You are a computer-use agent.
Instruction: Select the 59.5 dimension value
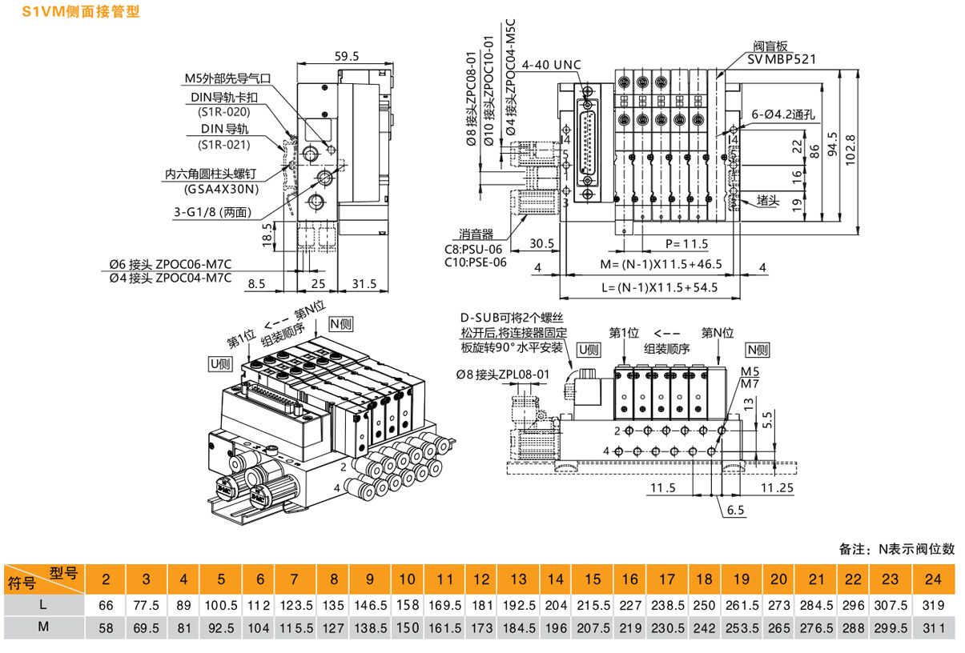pos(347,56)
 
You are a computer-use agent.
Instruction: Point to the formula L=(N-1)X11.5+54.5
pos(649,287)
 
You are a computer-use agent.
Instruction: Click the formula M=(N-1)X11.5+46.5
pos(649,264)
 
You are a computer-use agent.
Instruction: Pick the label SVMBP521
pos(782,59)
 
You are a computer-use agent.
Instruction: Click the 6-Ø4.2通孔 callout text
pos(784,114)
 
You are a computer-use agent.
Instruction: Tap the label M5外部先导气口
pos(228,78)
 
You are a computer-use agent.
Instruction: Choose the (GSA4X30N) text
pos(222,189)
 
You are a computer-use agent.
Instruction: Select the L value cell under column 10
pos(407,606)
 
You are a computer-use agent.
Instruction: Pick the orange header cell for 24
pos(932,579)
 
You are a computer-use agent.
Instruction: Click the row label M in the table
pos(42,629)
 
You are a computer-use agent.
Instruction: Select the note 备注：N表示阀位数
pos(897,549)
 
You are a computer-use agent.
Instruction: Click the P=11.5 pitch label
pos(686,243)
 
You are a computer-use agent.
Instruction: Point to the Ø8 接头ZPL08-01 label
pos(503,374)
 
